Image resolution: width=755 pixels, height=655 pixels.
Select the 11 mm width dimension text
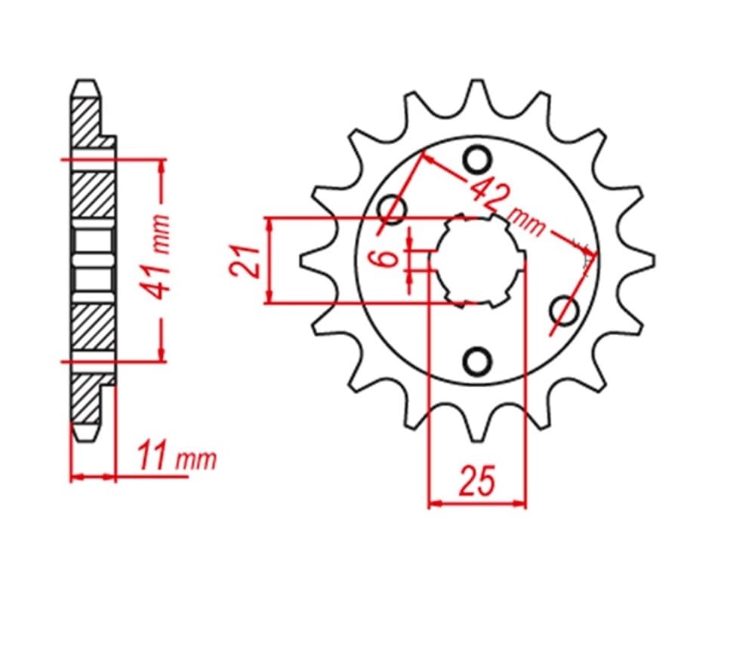177,459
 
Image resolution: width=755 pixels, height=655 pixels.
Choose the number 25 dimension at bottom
477,481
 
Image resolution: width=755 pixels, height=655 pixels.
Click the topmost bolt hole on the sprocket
476,160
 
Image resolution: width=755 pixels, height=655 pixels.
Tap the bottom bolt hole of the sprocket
476,361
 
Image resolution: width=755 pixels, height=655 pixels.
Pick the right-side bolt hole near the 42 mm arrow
564,309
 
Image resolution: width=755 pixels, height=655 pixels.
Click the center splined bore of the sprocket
478,260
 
